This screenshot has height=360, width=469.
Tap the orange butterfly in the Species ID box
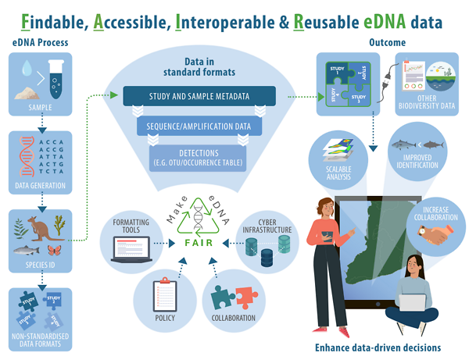55,251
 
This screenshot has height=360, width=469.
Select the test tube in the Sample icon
55,77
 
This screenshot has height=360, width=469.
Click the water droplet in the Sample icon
27,70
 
